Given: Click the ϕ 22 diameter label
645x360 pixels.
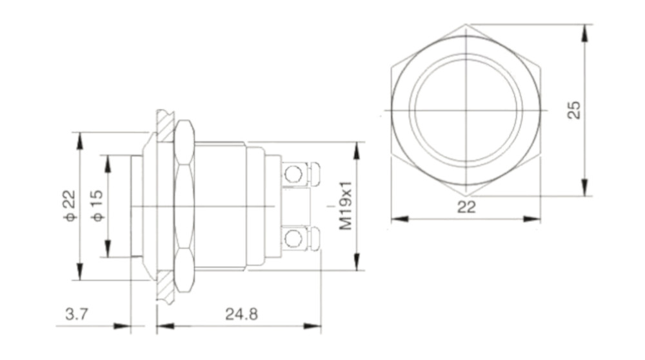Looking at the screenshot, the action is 70,206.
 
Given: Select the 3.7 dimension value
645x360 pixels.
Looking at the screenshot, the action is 77,314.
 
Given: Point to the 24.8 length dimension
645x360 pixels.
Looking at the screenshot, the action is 241,314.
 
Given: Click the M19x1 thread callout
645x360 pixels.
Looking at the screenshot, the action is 346,206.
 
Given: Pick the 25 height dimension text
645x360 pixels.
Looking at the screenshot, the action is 574,110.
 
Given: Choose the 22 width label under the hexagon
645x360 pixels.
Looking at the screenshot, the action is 466,207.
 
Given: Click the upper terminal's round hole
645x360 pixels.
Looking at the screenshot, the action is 293,174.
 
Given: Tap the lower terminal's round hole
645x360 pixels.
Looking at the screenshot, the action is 293,239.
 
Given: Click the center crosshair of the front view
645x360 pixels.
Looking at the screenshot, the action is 466,110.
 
